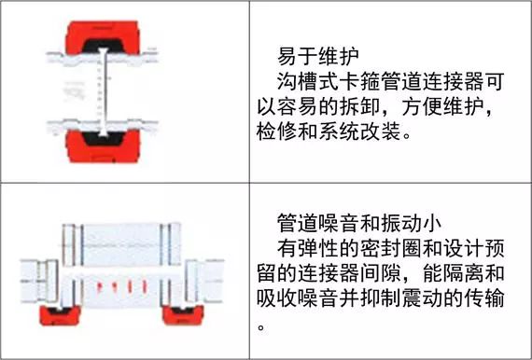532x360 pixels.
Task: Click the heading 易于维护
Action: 318,56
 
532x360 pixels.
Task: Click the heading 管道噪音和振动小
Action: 359,223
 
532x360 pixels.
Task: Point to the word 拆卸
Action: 359,106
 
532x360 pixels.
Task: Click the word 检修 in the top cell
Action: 277,132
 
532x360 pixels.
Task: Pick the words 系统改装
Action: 359,132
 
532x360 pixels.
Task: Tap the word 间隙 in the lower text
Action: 380,273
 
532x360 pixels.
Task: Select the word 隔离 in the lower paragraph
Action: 462,273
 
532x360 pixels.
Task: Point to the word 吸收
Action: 277,298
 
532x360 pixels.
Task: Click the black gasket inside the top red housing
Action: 103,46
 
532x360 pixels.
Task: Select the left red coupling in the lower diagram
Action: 60,315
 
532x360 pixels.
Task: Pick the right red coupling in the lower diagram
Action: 183,315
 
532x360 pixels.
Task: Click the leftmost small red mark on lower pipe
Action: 100,287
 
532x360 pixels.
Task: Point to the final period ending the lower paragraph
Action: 261,327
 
